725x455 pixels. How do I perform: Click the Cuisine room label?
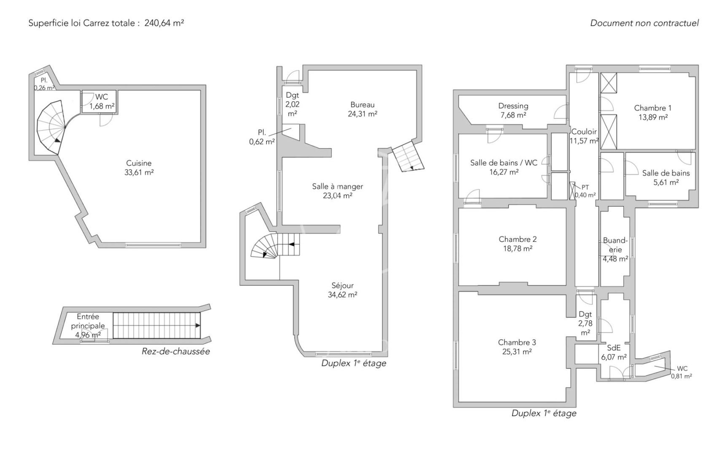tap(139, 163)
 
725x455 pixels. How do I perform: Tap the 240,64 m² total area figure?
tap(164, 23)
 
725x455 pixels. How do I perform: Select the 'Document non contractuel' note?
tap(644, 23)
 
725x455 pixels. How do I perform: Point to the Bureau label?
tap(362, 104)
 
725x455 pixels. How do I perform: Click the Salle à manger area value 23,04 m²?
tap(337, 195)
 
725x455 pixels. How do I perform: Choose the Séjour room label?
tap(342, 285)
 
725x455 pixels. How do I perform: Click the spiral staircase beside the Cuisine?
tap(51, 127)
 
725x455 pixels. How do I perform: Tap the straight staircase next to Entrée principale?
tap(156, 325)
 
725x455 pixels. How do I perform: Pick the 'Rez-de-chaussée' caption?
tap(175, 351)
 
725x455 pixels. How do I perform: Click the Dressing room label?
tap(513, 106)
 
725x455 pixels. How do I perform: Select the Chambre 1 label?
tap(652, 108)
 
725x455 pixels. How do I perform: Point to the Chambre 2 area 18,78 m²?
tap(517, 249)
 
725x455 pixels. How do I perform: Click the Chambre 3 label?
tap(517, 342)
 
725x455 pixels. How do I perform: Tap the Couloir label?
tap(584, 131)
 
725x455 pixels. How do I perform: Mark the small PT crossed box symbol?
tap(572, 191)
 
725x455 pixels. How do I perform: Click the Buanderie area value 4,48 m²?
tap(615, 259)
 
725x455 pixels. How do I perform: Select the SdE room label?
tap(614, 348)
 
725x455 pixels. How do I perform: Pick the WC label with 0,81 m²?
tap(682, 369)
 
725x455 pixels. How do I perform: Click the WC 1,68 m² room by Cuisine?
tap(99, 102)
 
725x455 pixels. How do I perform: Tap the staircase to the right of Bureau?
tap(408, 157)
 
